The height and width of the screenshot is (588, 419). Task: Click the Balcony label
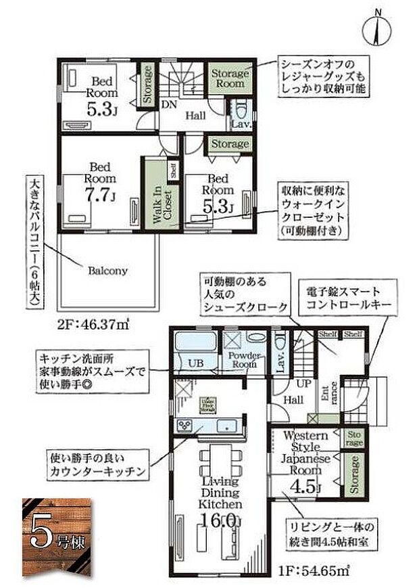pos(107,271)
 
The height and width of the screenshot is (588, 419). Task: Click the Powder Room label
pos(243,359)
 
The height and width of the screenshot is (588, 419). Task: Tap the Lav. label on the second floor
pos(241,125)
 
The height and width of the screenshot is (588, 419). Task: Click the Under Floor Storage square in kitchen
pos(206,405)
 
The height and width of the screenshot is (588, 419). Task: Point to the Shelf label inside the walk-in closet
pos(173,170)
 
